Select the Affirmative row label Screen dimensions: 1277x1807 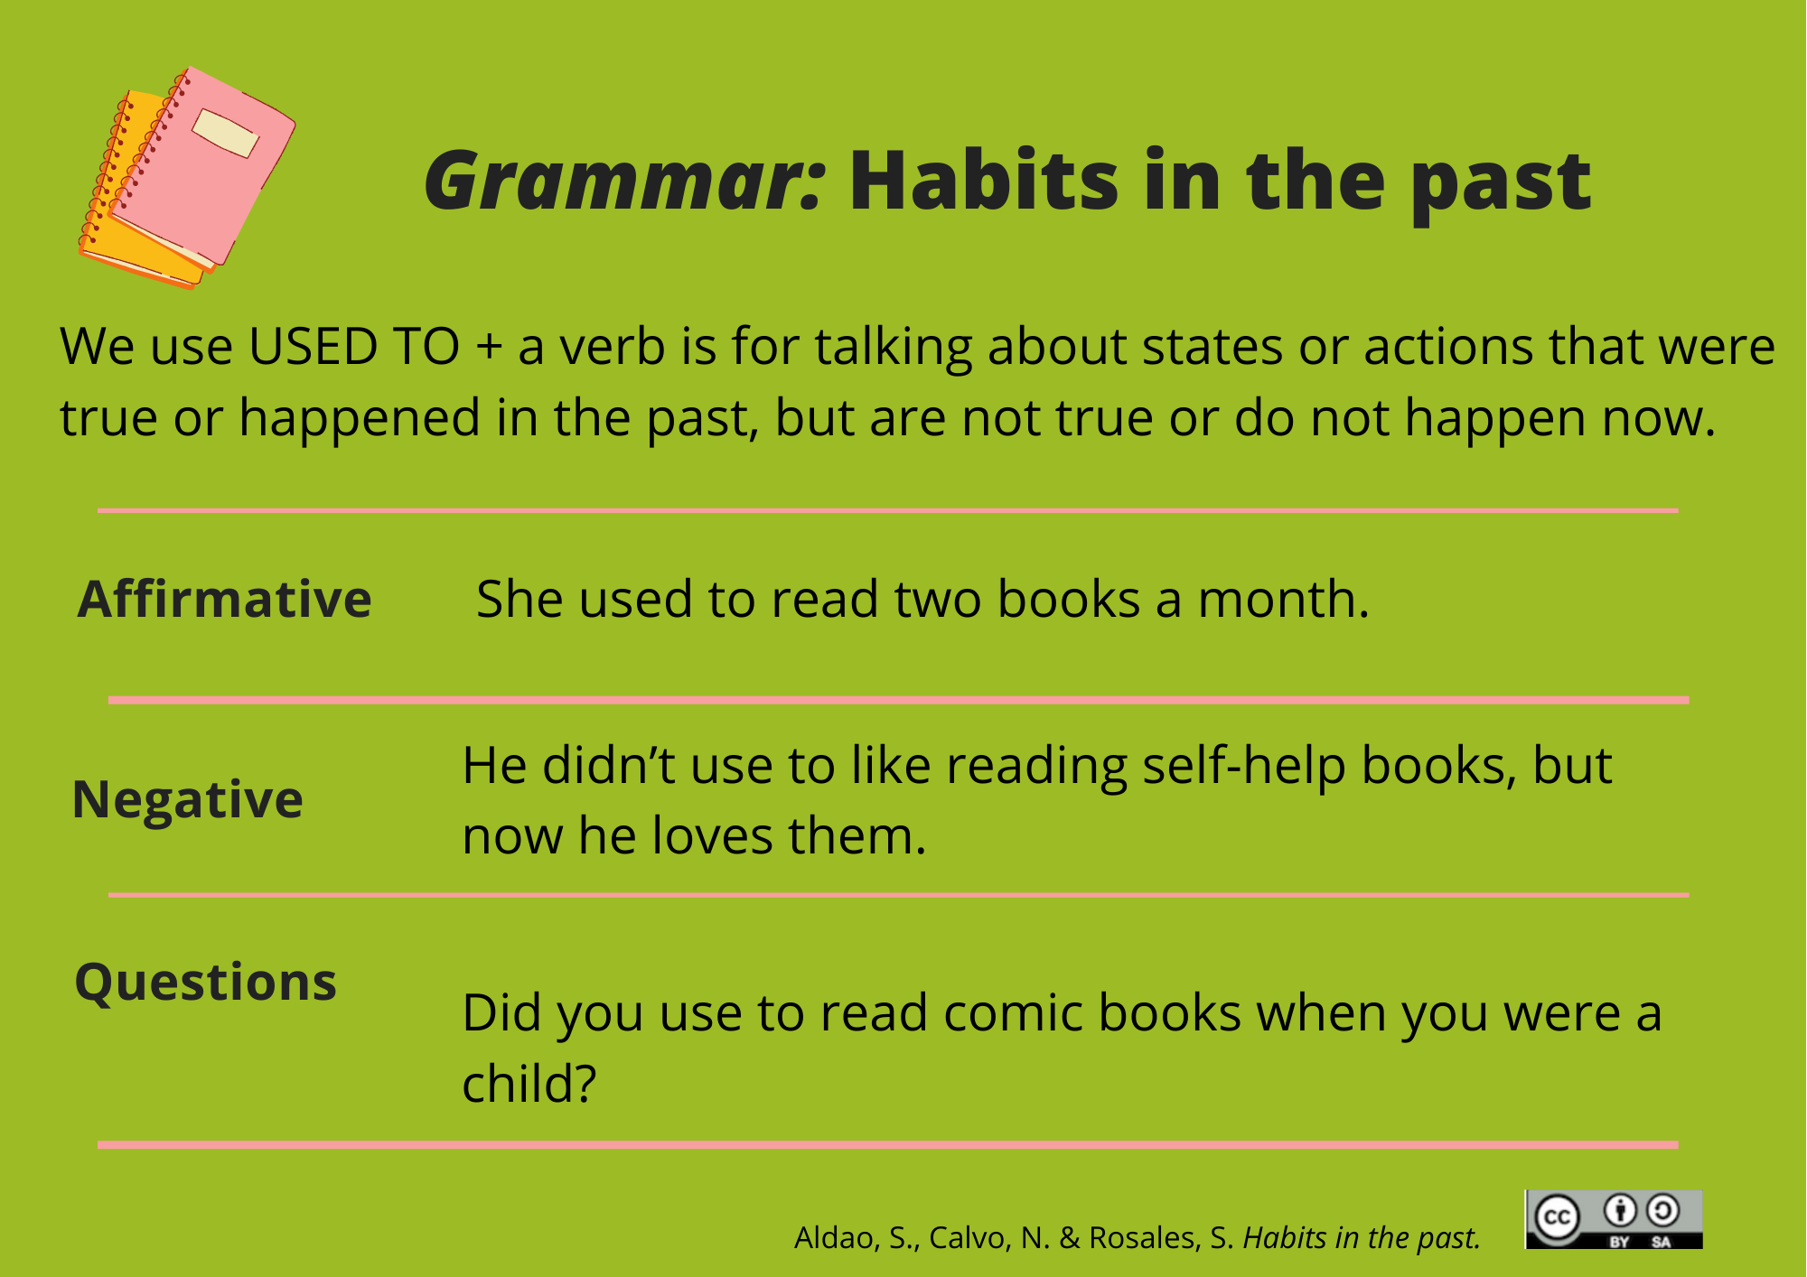point(224,599)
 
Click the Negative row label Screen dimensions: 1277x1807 point(187,800)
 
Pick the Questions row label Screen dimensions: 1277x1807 point(205,983)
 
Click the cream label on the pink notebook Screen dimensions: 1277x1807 point(225,134)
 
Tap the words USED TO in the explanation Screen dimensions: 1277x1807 point(354,347)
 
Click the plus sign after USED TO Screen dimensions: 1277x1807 point(489,348)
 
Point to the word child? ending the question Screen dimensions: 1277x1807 point(529,1084)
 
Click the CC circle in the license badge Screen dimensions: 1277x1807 point(1557,1218)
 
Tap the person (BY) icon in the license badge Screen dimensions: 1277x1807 point(1620,1210)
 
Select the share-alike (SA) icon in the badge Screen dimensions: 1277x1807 point(1662,1210)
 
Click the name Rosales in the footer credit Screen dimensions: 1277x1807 point(1145,1238)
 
